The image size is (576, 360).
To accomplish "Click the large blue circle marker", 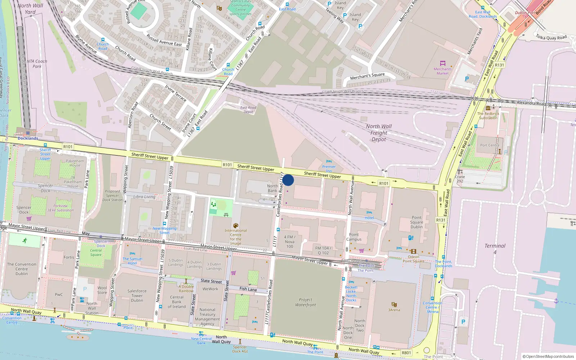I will point(288,180).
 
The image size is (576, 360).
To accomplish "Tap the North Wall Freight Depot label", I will point(379,133).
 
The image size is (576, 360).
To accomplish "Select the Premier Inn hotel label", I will point(329,168).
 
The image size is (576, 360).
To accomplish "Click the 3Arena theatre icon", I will point(394,304).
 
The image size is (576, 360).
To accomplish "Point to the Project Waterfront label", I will point(305,302).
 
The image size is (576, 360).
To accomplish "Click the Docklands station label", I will point(28,138).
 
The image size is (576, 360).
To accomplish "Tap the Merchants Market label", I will point(442,71).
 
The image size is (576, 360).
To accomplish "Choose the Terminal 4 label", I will point(495,249).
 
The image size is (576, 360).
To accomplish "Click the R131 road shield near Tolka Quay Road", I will point(499,65).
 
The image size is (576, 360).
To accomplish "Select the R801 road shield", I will point(406,353).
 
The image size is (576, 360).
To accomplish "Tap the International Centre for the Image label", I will point(236,237).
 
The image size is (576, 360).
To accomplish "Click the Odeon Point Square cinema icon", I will point(413,252).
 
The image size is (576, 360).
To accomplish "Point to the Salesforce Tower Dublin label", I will point(137,296).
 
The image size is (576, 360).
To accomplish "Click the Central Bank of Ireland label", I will point(177,302).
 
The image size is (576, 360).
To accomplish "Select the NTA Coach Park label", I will point(37,64).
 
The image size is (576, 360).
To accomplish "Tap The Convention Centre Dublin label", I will point(22,269).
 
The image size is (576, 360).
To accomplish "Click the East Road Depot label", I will point(248,110).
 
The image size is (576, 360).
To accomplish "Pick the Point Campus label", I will point(354,237).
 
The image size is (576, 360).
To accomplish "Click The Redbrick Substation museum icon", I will point(488,108).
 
